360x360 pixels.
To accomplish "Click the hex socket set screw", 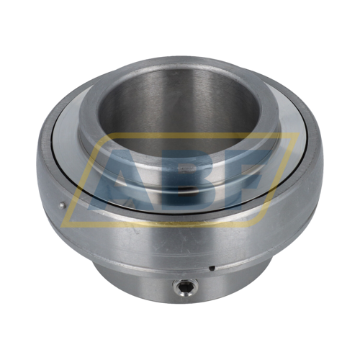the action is click(184, 287).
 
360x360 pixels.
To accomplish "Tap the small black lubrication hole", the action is click(212, 268).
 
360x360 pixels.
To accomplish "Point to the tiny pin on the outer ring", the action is click(62, 205).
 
